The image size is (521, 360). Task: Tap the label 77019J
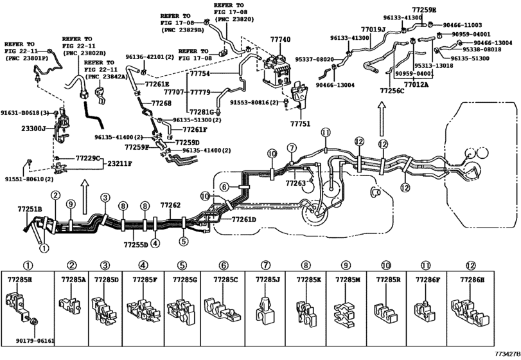[373, 30]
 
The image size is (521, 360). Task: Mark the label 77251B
[29, 210]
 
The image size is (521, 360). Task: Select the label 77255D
[136, 244]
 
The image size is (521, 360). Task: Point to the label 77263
[296, 183]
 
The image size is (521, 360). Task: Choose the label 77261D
[243, 219]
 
